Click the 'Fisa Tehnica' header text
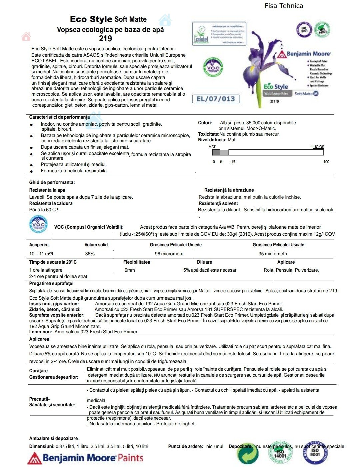[284, 6]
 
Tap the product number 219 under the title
[105, 39]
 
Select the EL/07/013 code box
[216, 99]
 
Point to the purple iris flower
[256, 67]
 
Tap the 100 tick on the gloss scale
[326, 162]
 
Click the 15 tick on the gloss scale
[233, 162]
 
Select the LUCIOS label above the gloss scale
[318, 147]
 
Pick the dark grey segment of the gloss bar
[216, 152]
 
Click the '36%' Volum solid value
[90, 254]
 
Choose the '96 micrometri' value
[169, 254]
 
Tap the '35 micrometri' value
[273, 254]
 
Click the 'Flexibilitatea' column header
[137, 262]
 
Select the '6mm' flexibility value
[130, 270]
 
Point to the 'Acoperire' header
[39, 245]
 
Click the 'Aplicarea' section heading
[39, 339]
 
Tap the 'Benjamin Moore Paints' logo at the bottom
[85, 458]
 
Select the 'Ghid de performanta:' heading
[52, 182]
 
